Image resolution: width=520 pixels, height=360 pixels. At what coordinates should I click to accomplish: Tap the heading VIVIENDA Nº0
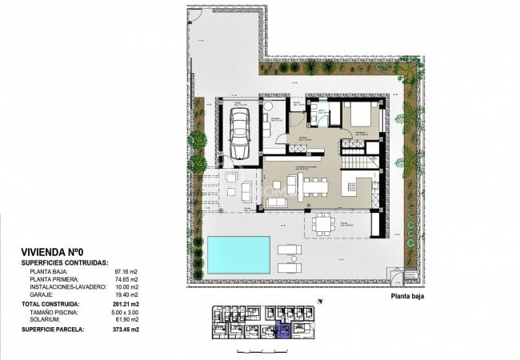coord(54,250)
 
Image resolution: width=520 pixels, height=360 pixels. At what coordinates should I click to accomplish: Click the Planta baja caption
coord(407,295)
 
